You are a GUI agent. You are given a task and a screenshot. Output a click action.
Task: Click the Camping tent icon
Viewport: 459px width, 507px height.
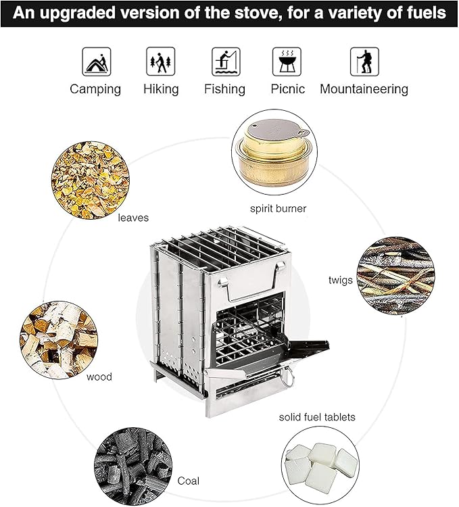[96, 62]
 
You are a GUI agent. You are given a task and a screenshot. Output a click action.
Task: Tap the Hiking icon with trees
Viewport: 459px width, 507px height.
[161, 62]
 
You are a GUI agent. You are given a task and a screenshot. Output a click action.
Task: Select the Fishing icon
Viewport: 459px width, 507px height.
[226, 62]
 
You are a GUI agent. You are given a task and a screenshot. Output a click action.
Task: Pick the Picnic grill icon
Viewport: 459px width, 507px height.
[287, 62]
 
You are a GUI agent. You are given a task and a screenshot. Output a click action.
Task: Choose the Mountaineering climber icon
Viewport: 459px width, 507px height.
[364, 62]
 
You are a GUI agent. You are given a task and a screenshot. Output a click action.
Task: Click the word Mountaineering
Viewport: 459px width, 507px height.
[364, 89]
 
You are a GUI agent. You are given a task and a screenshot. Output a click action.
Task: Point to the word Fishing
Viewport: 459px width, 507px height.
[224, 89]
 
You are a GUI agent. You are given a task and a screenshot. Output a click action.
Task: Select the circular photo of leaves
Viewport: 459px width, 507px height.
[91, 180]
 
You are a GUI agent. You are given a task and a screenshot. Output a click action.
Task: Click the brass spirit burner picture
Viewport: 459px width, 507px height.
[274, 152]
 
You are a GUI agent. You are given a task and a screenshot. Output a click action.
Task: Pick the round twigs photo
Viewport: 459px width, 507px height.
[395, 276]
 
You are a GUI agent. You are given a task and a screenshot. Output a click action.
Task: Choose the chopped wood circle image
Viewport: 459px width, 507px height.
[59, 340]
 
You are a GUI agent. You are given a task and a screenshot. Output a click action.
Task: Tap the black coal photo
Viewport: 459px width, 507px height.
[133, 466]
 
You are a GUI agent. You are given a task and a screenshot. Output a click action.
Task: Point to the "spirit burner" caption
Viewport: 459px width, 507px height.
[278, 209]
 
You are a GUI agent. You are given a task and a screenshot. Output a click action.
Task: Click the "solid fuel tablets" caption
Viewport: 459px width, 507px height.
[317, 417]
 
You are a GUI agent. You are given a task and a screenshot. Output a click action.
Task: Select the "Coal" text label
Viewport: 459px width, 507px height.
[188, 481]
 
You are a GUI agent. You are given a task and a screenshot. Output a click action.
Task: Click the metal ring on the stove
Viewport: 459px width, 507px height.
[287, 377]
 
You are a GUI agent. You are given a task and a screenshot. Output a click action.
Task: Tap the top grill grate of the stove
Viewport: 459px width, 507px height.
[221, 246]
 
